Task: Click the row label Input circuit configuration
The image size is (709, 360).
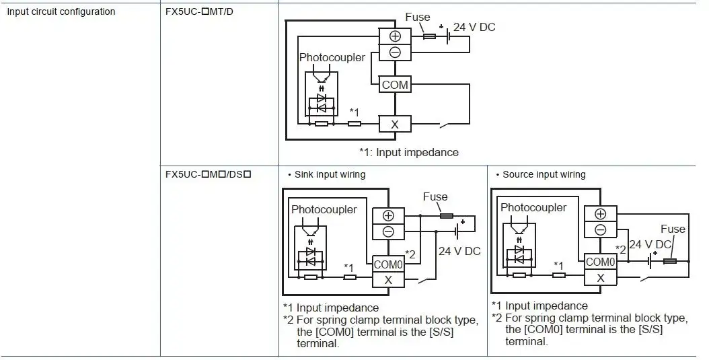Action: [x=61, y=11]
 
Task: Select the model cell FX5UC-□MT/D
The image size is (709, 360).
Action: [x=200, y=11]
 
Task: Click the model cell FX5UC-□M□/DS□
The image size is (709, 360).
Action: [x=209, y=174]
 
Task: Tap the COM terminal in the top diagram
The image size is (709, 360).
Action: [x=395, y=85]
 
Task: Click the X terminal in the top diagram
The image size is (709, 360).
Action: [x=395, y=124]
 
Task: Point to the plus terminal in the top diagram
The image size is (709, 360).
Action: [x=395, y=36]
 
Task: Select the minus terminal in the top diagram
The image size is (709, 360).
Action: [x=395, y=52]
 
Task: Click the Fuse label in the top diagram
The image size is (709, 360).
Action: [x=418, y=16]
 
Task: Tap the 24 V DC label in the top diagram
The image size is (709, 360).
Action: [x=474, y=28]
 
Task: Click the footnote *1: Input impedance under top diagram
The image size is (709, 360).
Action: [x=408, y=152]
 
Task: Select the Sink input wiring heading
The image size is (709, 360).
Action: [x=330, y=174]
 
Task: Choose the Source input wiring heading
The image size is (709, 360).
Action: [x=544, y=174]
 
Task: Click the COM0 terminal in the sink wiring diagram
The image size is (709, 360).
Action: [x=388, y=265]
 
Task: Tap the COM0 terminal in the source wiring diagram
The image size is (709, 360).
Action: [x=600, y=262]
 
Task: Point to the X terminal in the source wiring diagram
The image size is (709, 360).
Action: [x=600, y=277]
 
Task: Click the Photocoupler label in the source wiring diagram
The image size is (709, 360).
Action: [x=533, y=207]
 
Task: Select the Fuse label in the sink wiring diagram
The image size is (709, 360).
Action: [x=435, y=197]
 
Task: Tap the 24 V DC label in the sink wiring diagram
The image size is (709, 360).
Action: [x=459, y=251]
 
